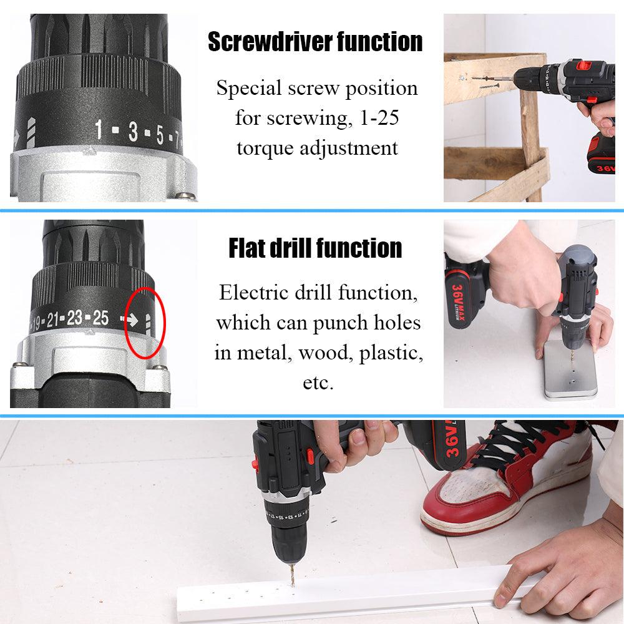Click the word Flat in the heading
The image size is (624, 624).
(x=247, y=248)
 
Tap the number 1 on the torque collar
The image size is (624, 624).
(x=99, y=130)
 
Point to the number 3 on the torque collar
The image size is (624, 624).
(x=133, y=132)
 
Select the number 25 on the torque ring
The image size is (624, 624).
(x=100, y=318)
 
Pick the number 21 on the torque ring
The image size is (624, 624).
(x=53, y=319)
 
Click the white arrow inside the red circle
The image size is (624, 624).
(x=130, y=319)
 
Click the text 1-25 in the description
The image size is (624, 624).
(x=379, y=118)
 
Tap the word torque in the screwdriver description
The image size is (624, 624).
(x=265, y=149)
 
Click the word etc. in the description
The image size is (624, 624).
(x=318, y=383)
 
